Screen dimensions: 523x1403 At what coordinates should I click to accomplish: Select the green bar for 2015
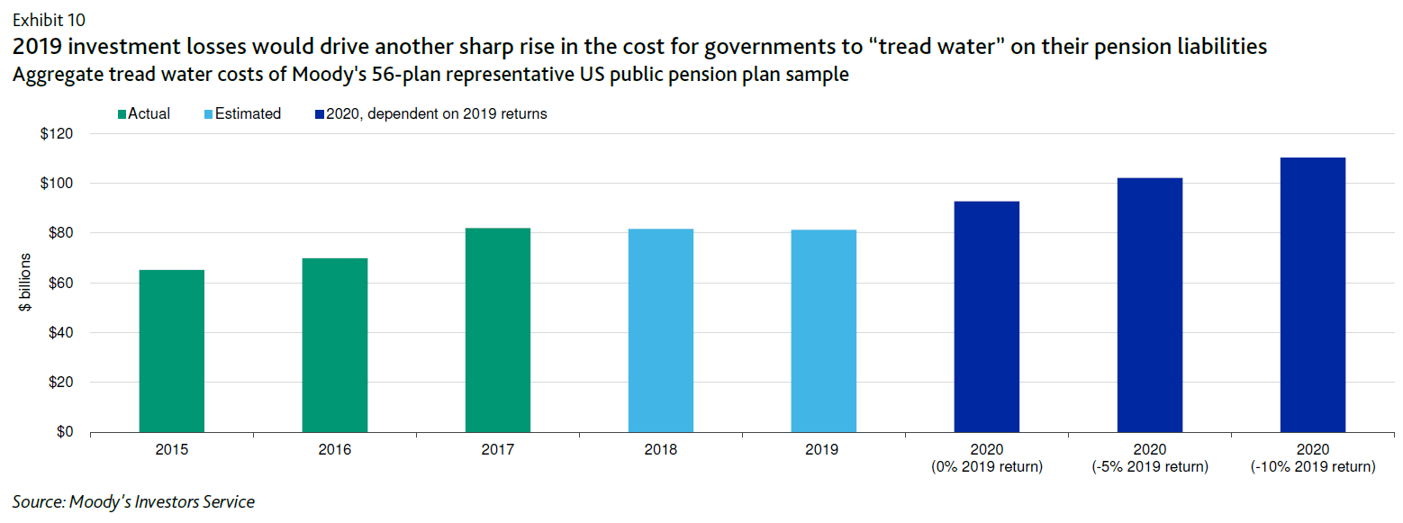point(171,351)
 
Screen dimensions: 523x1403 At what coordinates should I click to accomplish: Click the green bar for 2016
point(334,346)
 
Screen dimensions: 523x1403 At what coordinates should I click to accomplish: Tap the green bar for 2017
point(498,330)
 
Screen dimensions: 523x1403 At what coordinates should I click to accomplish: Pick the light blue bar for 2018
point(661,330)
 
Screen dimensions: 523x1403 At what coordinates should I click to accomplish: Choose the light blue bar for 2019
point(824,331)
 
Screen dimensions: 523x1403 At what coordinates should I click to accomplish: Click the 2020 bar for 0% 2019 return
point(987,317)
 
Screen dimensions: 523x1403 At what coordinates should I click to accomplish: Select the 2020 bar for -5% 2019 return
point(1150,305)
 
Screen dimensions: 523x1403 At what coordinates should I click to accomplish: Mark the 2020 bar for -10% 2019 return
point(1313,295)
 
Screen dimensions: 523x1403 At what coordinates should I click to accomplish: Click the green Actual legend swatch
point(122,114)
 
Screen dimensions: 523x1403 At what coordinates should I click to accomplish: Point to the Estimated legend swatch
point(209,114)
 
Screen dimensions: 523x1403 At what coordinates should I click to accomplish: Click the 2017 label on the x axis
point(498,449)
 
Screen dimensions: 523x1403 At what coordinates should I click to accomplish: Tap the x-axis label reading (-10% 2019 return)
point(1313,467)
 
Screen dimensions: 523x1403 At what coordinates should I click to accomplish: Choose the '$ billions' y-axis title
point(27,283)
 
